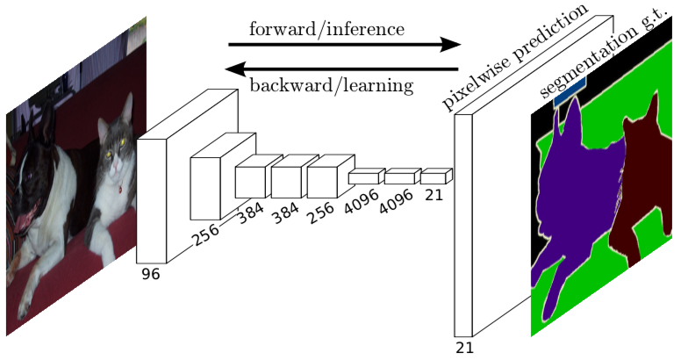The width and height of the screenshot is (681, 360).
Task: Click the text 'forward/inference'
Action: click(x=326, y=29)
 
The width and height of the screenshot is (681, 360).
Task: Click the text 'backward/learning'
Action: click(x=331, y=85)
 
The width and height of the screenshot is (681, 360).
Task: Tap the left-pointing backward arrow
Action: click(x=342, y=68)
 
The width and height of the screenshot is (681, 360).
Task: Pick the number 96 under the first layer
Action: click(x=150, y=274)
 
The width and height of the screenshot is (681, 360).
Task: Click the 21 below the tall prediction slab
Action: click(x=464, y=347)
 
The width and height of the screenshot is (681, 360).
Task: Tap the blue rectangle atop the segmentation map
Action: click(x=569, y=90)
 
